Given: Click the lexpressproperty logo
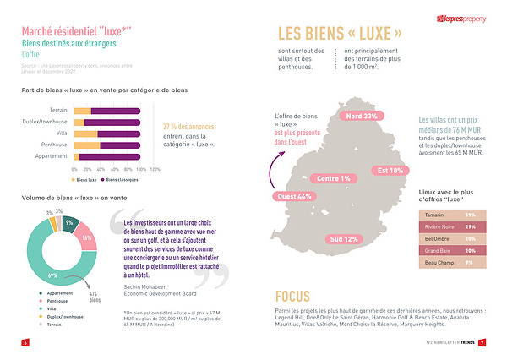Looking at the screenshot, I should pyautogui.click(x=460, y=19).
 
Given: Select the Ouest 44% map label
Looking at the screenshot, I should pyautogui.click(x=293, y=196).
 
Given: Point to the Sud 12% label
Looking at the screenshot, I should pyautogui.click(x=344, y=239).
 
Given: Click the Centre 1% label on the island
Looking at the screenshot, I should pyautogui.click(x=333, y=178).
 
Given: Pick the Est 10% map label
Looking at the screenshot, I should pyautogui.click(x=390, y=170).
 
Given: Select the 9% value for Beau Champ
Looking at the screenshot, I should pyautogui.click(x=469, y=263).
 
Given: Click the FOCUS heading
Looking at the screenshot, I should pyautogui.click(x=297, y=297).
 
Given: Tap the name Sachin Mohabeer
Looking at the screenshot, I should pyautogui.click(x=138, y=288).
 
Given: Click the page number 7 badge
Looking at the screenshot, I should pyautogui.click(x=482, y=342).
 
